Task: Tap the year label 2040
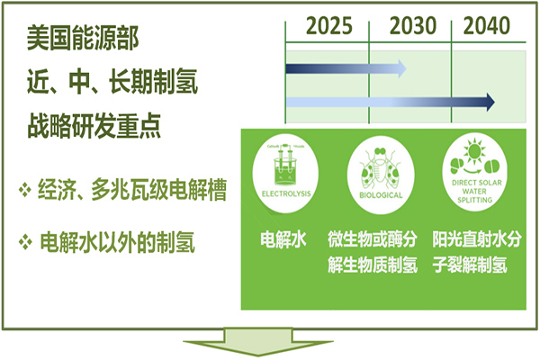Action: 487,24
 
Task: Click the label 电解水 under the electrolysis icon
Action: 280,240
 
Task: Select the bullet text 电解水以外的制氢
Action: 118,241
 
